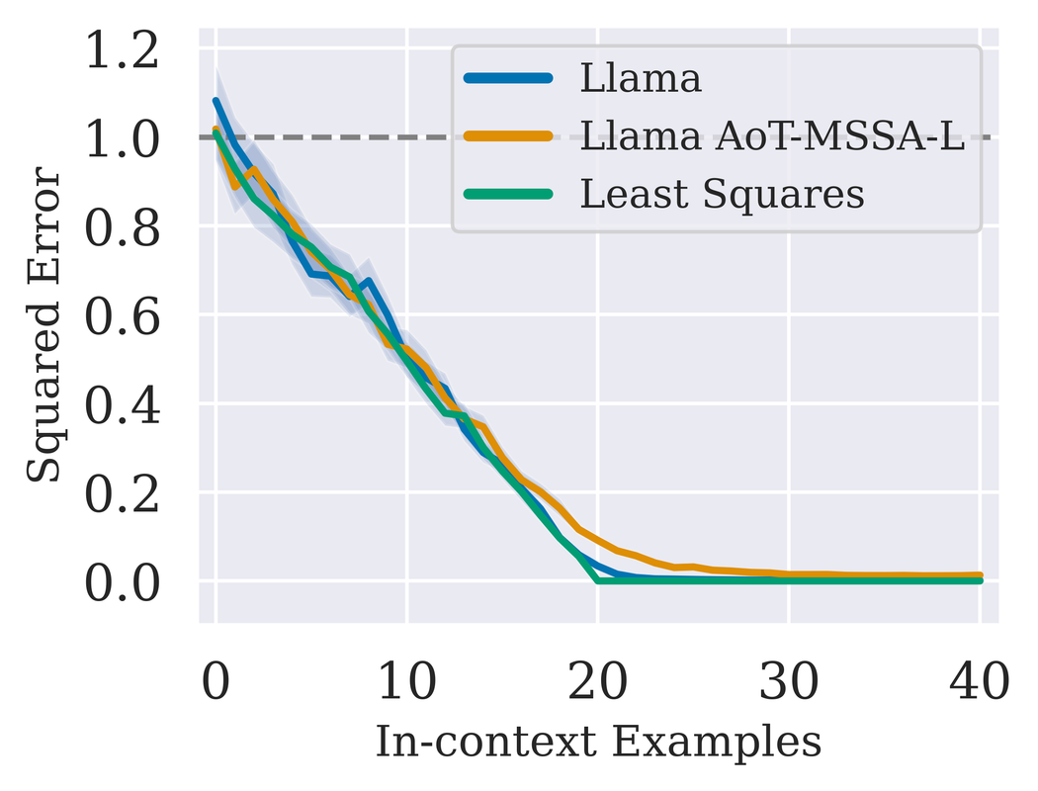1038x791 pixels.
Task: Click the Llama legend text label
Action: (641, 79)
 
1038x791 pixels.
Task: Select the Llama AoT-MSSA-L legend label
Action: (772, 136)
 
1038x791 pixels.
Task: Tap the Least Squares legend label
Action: (722, 195)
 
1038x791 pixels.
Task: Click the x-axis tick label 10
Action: (406, 681)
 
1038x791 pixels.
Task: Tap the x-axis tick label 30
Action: (789, 681)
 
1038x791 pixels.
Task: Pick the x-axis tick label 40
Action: (979, 681)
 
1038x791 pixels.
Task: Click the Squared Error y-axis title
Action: (44, 326)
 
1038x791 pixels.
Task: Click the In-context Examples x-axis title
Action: (598, 742)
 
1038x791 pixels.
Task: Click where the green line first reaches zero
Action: (598, 579)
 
